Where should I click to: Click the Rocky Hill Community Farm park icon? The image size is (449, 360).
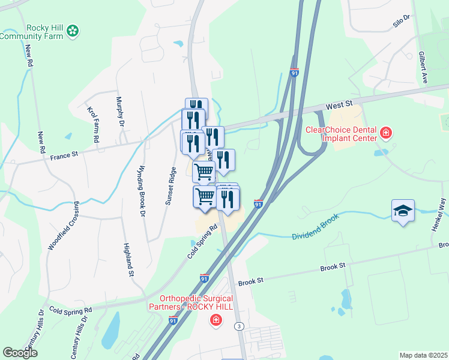[x=73, y=30]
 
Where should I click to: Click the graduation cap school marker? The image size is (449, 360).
[x=403, y=211]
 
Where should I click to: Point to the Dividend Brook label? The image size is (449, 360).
[x=320, y=235]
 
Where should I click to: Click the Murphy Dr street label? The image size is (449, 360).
[x=120, y=112]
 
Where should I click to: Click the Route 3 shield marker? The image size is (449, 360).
[x=239, y=326]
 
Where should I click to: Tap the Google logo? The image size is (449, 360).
[x=20, y=353]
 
